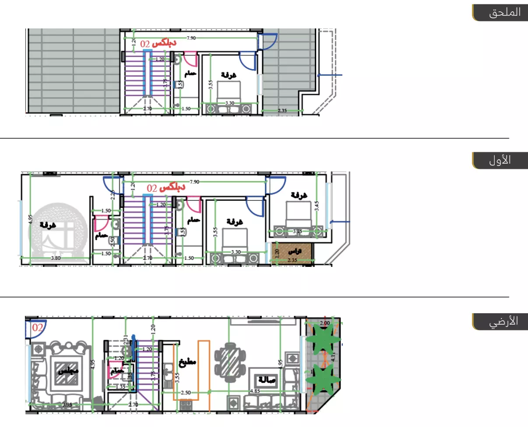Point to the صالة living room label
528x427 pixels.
[x=266, y=380]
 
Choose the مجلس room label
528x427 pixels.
[x=69, y=371]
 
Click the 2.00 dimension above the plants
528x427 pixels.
[x=325, y=323]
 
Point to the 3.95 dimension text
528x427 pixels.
[x=67, y=405]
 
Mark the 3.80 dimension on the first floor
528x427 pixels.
[x=55, y=259]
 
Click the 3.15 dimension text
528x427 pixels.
[x=298, y=231]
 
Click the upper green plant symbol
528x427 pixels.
[x=323, y=340]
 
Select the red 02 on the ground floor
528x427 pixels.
[x=38, y=327]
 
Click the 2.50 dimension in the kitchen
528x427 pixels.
[x=186, y=393]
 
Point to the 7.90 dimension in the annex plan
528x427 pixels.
[x=191, y=38]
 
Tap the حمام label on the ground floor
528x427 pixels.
[x=118, y=371]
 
